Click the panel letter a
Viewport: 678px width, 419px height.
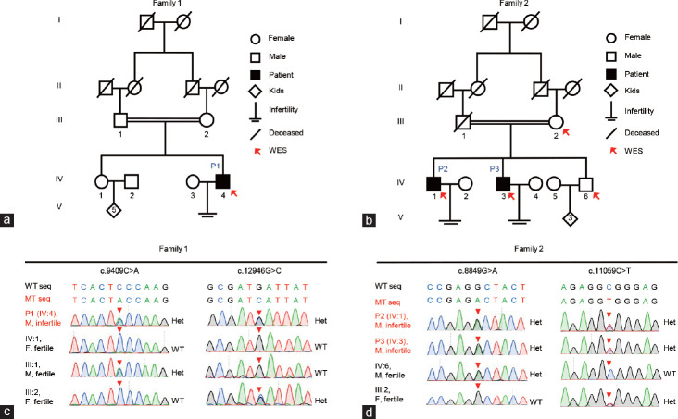(8, 220)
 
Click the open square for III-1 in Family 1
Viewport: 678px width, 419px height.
(119, 120)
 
